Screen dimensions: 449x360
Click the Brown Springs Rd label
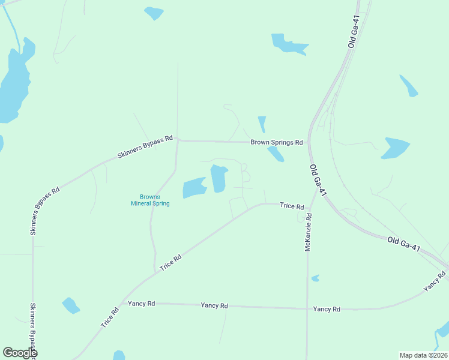pos(277,143)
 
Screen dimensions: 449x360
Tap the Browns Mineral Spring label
pos(150,200)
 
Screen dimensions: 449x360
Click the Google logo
pos(20,353)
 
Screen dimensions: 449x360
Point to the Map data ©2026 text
pos(423,355)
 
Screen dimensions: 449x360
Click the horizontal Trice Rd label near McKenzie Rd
pos(292,206)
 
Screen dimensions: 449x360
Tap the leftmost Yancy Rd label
pos(142,304)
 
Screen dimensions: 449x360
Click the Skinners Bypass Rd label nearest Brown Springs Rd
pos(145,147)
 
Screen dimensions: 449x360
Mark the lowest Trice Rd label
pos(110,316)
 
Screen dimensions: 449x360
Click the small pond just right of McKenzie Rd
pos(315,278)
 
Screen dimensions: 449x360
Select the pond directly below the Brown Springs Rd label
pos(276,154)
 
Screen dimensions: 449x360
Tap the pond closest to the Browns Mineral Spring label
pos(193,188)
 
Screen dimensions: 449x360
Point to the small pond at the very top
pos(154,12)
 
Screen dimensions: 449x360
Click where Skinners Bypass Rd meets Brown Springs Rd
pos(178,141)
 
